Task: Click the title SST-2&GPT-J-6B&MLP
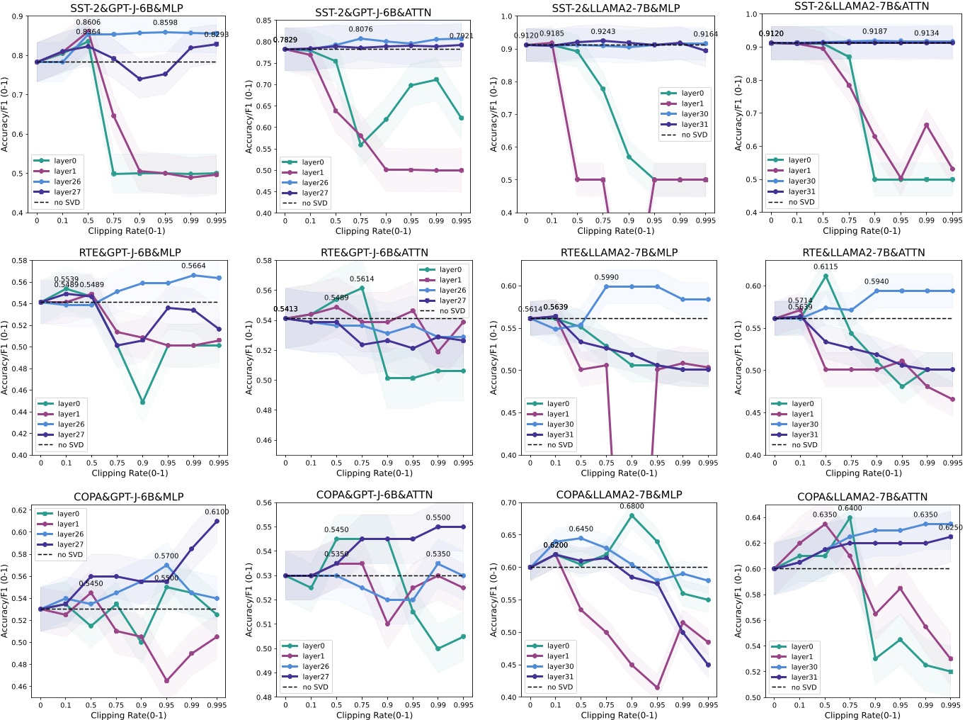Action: pos(127,9)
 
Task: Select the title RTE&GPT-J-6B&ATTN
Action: pos(375,252)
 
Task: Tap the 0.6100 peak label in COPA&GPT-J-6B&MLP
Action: pos(217,512)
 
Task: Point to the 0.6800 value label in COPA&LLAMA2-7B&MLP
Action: pos(632,506)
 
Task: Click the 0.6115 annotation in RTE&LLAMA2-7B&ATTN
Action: pos(826,267)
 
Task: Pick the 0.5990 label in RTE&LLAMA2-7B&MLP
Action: pos(606,278)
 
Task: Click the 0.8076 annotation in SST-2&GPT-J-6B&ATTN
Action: pos(360,30)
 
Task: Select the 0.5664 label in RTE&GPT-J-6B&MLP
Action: pos(193,266)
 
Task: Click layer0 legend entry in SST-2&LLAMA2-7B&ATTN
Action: pos(799,160)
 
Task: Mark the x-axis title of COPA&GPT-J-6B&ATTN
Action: pos(375,715)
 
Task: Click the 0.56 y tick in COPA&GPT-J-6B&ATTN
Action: pos(264,503)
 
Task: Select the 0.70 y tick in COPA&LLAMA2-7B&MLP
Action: pos(508,503)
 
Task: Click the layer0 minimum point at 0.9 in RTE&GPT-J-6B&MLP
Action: pos(142,403)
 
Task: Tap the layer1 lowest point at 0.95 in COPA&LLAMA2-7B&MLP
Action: pos(657,687)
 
